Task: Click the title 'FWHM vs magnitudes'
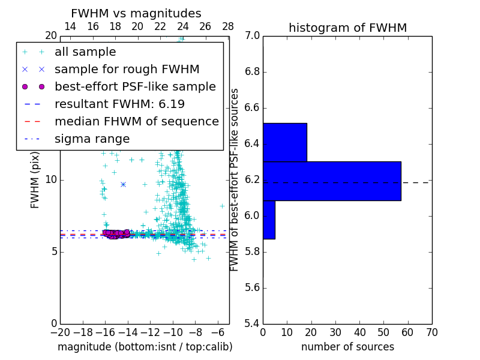(x=136, y=14)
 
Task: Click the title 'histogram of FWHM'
(x=347, y=28)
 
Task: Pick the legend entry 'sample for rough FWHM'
(x=127, y=70)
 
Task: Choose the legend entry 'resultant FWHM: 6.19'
(x=119, y=104)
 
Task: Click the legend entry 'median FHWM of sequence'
(x=136, y=122)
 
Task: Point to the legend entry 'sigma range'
(x=92, y=139)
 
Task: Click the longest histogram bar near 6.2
(x=332, y=181)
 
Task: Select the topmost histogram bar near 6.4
(x=285, y=142)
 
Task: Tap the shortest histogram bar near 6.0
(x=269, y=220)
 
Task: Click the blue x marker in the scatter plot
(x=123, y=184)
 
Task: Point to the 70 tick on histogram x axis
(x=431, y=332)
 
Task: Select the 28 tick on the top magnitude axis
(x=228, y=27)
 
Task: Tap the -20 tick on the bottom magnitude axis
(x=60, y=332)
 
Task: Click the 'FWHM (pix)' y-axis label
(x=35, y=179)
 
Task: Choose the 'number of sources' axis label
(x=347, y=347)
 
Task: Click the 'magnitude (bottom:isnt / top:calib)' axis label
(x=145, y=347)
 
